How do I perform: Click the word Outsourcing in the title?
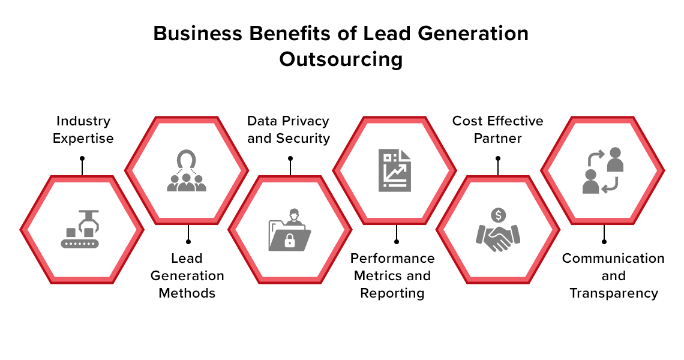[341, 59]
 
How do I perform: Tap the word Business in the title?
[197, 34]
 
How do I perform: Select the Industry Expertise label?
[83, 130]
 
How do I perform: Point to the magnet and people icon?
[187, 170]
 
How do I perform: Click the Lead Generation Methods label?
[187, 276]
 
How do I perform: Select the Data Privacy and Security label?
[289, 130]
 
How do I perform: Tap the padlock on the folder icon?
[289, 240]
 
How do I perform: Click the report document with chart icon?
[395, 170]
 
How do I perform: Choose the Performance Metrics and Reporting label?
[392, 276]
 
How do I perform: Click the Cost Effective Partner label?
[498, 130]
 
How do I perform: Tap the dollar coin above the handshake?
[498, 215]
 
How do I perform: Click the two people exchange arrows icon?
[603, 170]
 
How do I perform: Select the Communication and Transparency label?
[613, 276]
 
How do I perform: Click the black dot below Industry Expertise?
[82, 158]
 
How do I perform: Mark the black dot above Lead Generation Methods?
[188, 241]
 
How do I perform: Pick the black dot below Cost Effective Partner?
[498, 158]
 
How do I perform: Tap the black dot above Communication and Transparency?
[604, 241]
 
